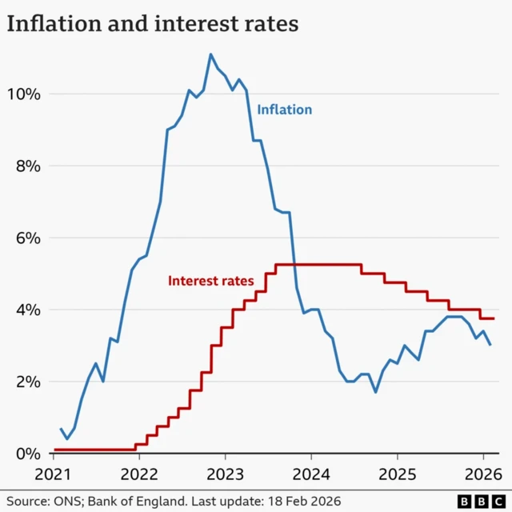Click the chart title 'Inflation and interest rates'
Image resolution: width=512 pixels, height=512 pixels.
click(153, 24)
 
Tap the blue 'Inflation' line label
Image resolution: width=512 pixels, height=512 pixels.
click(284, 110)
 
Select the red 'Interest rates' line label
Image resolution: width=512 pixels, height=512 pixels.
click(210, 281)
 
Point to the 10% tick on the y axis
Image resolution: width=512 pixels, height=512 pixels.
click(24, 94)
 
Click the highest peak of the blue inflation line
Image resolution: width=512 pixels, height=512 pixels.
click(210, 54)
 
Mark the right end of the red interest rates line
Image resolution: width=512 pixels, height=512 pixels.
click(494, 318)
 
